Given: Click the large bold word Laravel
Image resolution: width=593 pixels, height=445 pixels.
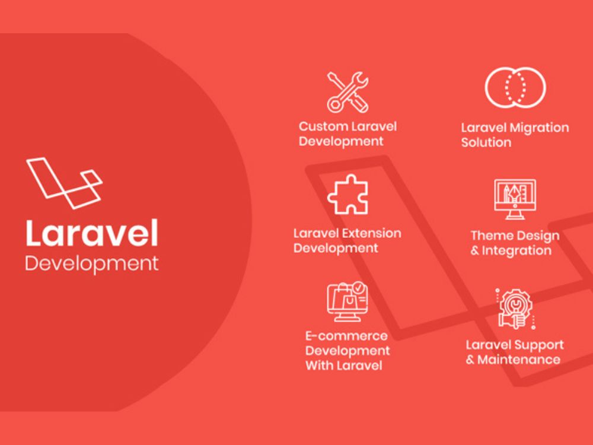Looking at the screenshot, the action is tap(92, 233).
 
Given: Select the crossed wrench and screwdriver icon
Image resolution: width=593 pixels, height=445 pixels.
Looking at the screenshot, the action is tap(347, 93).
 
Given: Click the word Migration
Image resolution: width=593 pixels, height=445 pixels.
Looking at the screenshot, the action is tap(542, 128).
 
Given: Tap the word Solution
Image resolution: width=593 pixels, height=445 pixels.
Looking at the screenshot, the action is tap(486, 142).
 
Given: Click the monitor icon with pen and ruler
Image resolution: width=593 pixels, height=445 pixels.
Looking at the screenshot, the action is tap(515, 199).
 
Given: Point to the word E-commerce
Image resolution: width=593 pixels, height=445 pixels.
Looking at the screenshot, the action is tap(346, 336).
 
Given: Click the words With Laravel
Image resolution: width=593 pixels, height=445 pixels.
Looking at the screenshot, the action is tap(344, 365).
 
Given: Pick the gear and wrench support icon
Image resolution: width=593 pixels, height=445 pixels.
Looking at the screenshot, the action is tap(515, 309).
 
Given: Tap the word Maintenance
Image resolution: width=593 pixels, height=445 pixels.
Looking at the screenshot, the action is tap(518, 360).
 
